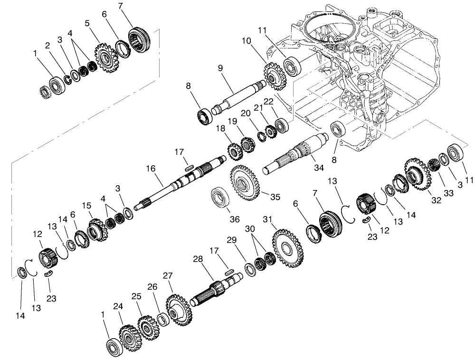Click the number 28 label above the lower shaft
point(198,259)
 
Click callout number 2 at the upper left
point(47,45)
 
